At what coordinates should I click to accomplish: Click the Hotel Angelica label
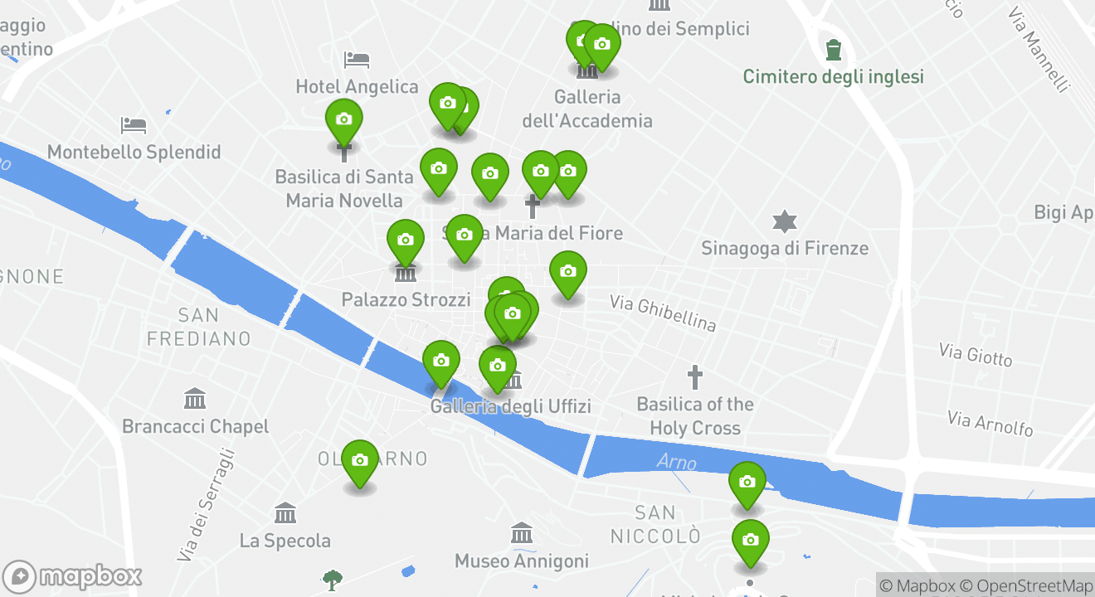click(x=357, y=86)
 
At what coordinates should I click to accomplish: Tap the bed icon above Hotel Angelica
click(x=357, y=60)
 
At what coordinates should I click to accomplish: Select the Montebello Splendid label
click(x=134, y=152)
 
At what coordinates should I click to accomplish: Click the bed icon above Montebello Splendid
click(x=134, y=125)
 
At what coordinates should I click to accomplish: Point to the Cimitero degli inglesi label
click(x=833, y=77)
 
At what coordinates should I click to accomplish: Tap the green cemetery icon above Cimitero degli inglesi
click(x=834, y=50)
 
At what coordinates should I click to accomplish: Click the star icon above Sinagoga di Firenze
click(x=784, y=221)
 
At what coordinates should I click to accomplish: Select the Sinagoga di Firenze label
click(x=785, y=248)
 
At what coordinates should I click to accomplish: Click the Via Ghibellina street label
click(x=663, y=313)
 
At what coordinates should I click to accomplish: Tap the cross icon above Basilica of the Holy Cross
click(x=695, y=378)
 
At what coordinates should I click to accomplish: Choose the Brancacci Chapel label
click(x=196, y=426)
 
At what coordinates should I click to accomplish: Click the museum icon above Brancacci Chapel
click(x=195, y=399)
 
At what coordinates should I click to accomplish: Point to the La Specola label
click(x=285, y=541)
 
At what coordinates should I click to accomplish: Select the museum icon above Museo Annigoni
click(x=522, y=533)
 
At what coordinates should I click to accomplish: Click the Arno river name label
click(x=677, y=462)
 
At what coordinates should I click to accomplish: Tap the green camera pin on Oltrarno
click(x=360, y=461)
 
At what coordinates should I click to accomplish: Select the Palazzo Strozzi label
click(x=406, y=299)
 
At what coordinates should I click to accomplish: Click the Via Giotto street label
click(x=976, y=355)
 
